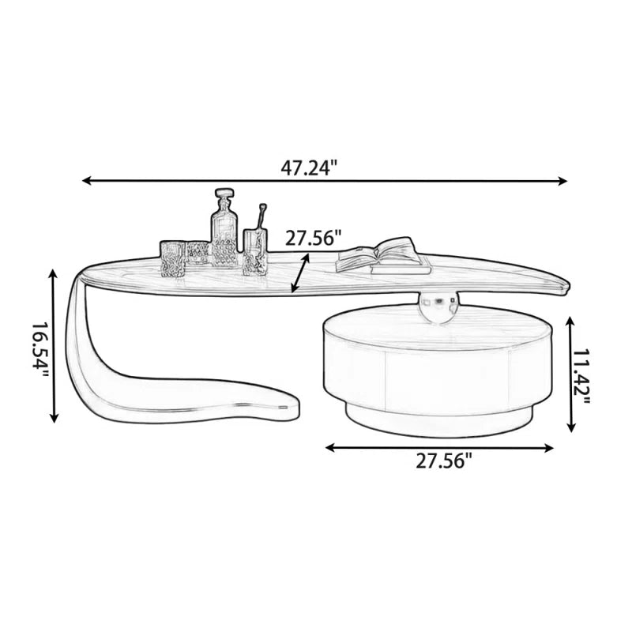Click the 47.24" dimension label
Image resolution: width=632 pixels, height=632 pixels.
(309, 167)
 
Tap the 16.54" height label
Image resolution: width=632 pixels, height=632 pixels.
(40, 345)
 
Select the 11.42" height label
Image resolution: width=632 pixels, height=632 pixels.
(581, 377)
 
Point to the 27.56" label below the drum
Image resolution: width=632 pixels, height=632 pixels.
(444, 461)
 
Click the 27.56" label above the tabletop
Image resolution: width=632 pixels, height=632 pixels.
(314, 238)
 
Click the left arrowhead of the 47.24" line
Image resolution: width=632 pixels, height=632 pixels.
(87, 181)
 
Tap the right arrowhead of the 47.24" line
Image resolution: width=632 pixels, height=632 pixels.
(562, 181)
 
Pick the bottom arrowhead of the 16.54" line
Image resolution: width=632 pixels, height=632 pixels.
(54, 418)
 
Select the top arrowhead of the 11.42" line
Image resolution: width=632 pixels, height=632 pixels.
(570, 322)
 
